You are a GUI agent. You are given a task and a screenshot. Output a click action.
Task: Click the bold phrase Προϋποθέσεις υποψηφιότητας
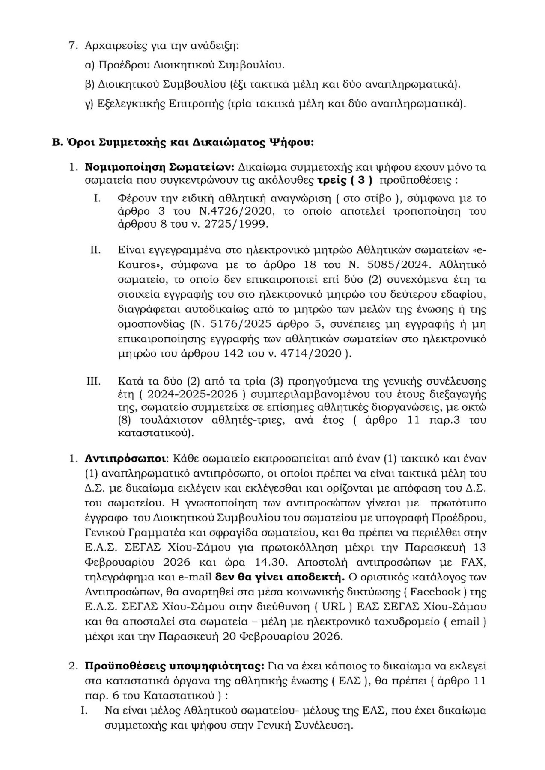pyautogui.click(x=174, y=666)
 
